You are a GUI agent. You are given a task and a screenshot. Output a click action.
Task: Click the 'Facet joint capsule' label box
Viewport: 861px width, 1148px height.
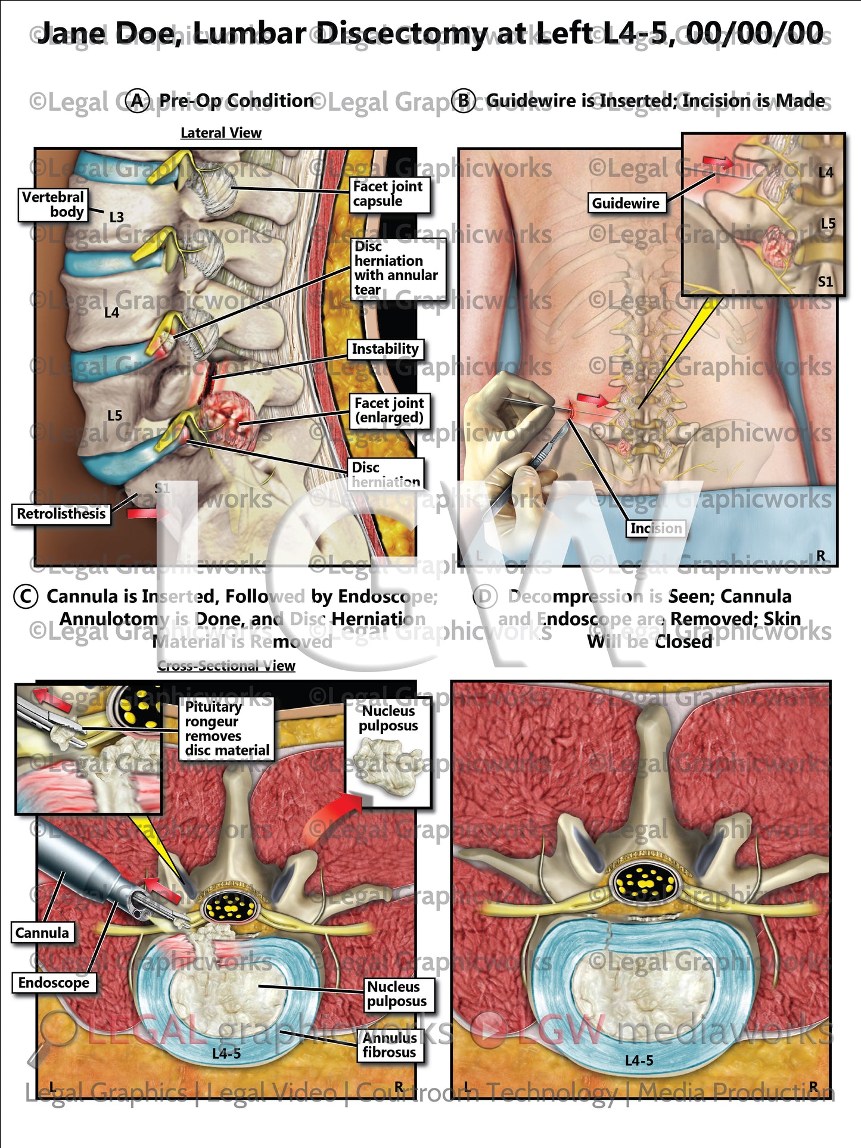tap(388, 194)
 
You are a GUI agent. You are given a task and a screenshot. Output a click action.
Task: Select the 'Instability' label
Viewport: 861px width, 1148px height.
tap(385, 349)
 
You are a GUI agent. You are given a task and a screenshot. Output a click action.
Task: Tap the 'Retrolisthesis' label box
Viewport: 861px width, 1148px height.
tap(61, 514)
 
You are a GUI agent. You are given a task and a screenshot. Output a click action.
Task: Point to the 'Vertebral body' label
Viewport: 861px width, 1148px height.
tap(52, 204)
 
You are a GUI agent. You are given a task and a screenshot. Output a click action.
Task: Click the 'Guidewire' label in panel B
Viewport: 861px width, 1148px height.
tap(626, 203)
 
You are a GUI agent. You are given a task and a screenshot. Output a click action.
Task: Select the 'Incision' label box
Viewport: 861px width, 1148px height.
tap(655, 528)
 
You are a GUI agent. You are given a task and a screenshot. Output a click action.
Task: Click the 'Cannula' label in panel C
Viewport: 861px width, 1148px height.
tap(42, 932)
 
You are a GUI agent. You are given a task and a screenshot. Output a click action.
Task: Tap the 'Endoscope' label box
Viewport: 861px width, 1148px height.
tap(54, 982)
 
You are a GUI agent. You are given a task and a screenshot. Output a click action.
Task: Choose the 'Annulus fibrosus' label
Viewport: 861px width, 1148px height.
tap(390, 1045)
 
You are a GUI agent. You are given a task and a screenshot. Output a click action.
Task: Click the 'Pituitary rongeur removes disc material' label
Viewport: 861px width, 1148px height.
tap(226, 729)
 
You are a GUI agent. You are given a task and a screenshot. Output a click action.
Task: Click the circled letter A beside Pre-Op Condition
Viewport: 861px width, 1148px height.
tap(138, 101)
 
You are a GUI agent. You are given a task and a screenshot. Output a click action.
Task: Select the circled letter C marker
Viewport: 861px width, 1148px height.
tap(26, 596)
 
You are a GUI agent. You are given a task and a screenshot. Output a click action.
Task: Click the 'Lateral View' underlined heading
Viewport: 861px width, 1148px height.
tap(221, 133)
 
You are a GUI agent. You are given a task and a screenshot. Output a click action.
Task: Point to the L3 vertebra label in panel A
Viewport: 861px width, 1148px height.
tap(117, 217)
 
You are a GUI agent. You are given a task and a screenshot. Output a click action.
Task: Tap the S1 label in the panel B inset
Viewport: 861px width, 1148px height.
tap(825, 282)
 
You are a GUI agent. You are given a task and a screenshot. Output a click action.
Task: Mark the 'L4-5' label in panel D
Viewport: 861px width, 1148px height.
tap(639, 1060)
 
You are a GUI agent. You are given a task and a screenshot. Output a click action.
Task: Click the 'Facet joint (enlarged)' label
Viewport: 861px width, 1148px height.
tap(389, 410)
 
